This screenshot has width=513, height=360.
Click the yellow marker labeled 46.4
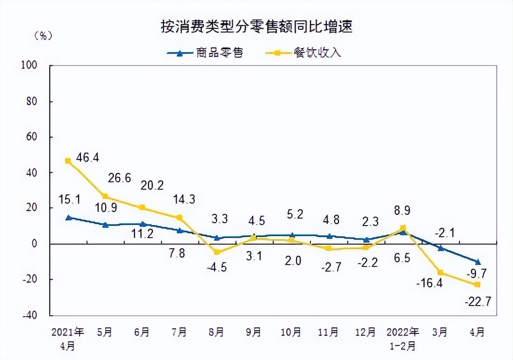pyautogui.click(x=68, y=161)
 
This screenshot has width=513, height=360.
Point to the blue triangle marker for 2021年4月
pyautogui.click(x=68, y=217)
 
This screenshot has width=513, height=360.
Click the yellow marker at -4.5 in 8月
pyautogui.click(x=217, y=252)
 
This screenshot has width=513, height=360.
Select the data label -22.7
pyautogui.click(x=478, y=303)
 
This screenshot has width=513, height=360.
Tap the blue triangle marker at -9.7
pyautogui.click(x=478, y=262)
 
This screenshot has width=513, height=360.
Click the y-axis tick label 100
pyautogui.click(x=29, y=66)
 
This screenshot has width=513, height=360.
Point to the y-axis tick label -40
pyautogui.click(x=29, y=315)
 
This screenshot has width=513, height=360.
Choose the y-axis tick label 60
pyautogui.click(x=31, y=137)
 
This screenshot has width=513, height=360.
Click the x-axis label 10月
pyautogui.click(x=291, y=333)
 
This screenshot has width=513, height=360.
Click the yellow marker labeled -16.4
pyautogui.click(x=440, y=273)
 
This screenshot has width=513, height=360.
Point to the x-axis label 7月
pyautogui.click(x=179, y=333)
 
